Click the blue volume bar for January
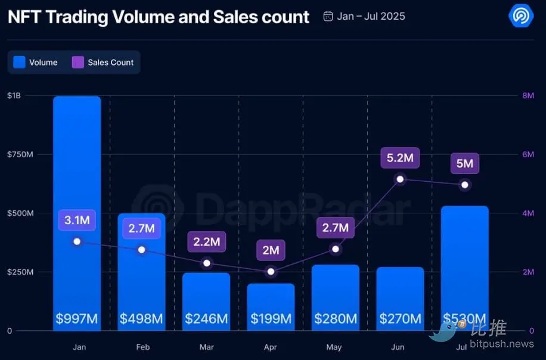click(x=76, y=179)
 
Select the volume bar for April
click(x=271, y=301)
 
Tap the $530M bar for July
click(x=464, y=262)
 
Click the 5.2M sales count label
click(x=400, y=158)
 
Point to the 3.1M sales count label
click(x=77, y=220)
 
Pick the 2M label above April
click(x=271, y=250)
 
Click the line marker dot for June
click(x=400, y=179)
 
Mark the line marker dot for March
click(x=206, y=263)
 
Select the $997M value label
click(x=76, y=319)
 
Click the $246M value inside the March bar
click(x=206, y=319)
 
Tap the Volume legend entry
click(x=36, y=62)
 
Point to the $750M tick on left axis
click(x=20, y=154)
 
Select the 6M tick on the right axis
click(x=528, y=154)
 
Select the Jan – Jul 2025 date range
click(x=364, y=16)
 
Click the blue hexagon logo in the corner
click(x=520, y=15)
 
